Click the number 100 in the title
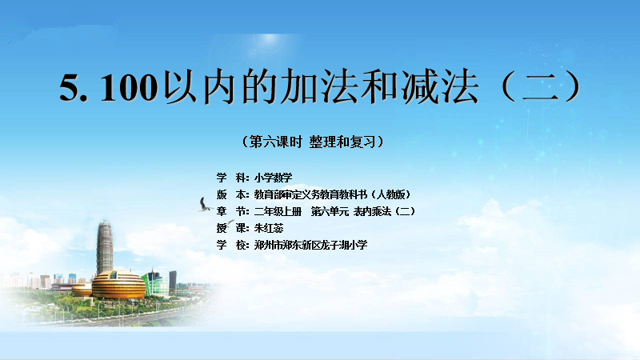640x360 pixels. (x=130, y=87)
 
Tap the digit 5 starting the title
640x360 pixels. (x=70, y=87)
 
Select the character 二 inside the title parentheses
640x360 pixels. (x=540, y=86)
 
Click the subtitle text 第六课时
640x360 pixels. (x=275, y=142)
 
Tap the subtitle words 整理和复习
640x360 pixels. (x=342, y=142)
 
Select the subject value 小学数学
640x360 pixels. (x=273, y=178)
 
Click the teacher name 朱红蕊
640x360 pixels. (x=269, y=228)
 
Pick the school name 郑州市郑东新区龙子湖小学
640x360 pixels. (x=310, y=245)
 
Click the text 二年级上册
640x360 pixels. (x=278, y=211)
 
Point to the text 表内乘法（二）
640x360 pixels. (x=385, y=211)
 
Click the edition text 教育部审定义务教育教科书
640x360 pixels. (x=310, y=194)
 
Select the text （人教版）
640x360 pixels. (x=390, y=194)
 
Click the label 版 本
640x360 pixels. (x=232, y=194)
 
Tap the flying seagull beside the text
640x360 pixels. (x=205, y=205)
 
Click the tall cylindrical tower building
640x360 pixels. (x=105, y=248)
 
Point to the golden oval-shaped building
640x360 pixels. (x=118, y=285)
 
